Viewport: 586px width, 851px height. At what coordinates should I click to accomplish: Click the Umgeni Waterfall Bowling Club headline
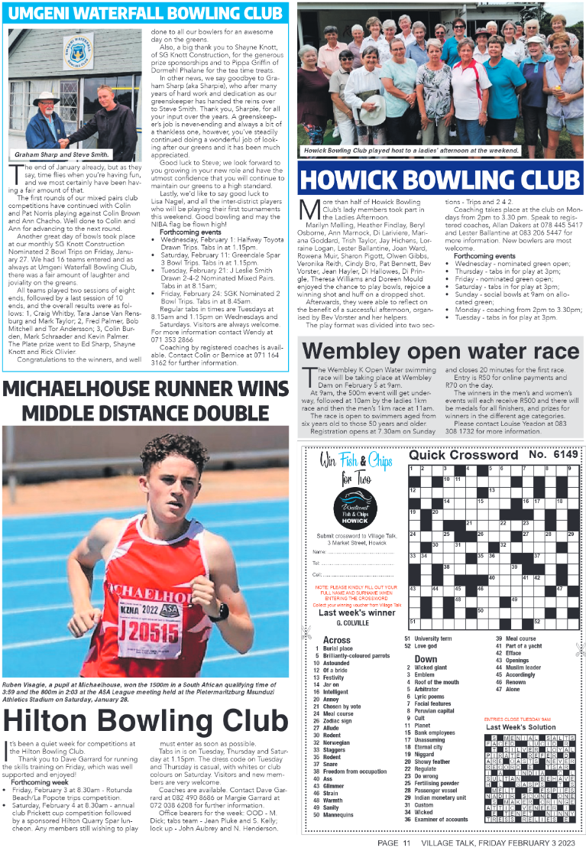click(x=145, y=14)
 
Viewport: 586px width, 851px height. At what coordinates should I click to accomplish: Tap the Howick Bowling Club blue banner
click(x=440, y=179)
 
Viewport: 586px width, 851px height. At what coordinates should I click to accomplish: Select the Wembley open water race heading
click(x=440, y=352)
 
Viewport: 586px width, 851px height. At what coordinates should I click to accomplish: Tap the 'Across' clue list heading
click(x=337, y=640)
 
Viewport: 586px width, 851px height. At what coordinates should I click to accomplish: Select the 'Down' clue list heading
click(x=426, y=658)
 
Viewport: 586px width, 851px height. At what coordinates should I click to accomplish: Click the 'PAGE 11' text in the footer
click(x=394, y=843)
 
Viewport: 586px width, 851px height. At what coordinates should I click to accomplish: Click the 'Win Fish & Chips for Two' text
click(x=355, y=468)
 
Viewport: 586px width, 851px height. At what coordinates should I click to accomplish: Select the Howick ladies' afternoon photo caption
click(x=410, y=151)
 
